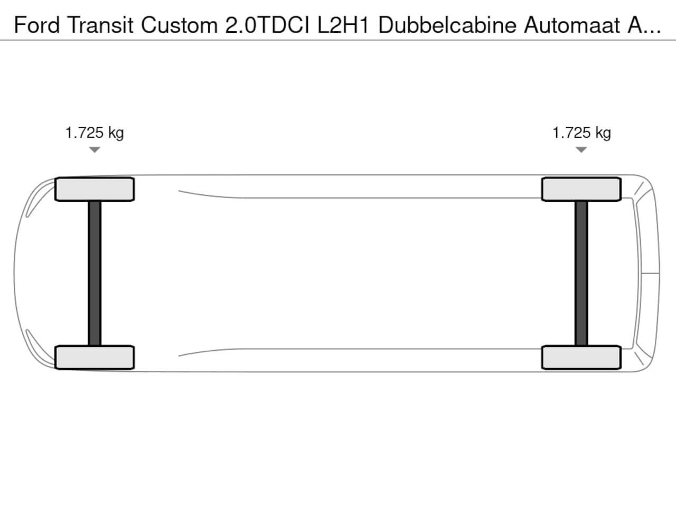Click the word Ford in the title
36,25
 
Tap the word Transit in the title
100,25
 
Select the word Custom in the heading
179,25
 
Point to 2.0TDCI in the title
267,25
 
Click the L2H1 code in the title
343,25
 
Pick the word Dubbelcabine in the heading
447,25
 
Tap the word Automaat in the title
572,25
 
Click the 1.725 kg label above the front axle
95,133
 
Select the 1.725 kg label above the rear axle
581,133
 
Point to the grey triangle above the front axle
95,149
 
